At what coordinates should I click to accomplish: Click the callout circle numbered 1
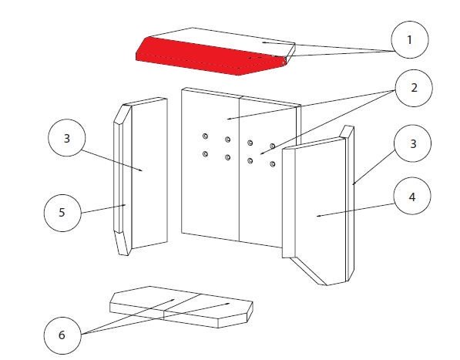[x=410, y=39]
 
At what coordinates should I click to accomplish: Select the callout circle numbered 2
[x=414, y=88]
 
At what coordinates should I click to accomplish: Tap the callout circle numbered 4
[x=412, y=196]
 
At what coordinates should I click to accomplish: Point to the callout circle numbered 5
[x=62, y=213]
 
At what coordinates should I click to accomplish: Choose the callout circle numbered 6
[x=62, y=335]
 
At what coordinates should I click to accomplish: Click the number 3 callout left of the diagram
[x=67, y=138]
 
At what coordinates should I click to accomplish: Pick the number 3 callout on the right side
[x=413, y=143]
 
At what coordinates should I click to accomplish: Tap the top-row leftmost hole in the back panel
[x=205, y=136]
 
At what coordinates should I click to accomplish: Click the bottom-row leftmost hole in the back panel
[x=205, y=153]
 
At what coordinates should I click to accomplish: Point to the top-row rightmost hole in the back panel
[x=273, y=146]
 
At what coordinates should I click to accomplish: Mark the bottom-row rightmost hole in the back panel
[x=273, y=163]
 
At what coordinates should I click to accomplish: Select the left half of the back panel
[x=210, y=164]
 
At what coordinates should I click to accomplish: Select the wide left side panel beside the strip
[x=149, y=173]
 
